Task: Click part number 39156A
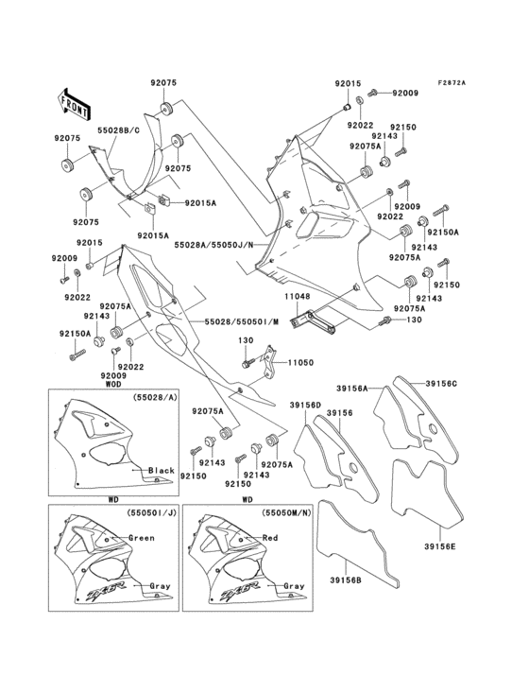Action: click(352, 388)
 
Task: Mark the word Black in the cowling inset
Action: click(162, 470)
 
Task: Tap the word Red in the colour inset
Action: click(295, 537)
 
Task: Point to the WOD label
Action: click(113, 385)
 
